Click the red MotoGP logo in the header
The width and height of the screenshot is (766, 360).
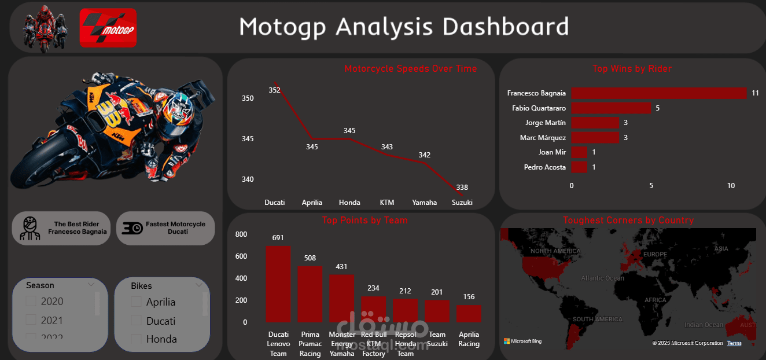click(x=108, y=28)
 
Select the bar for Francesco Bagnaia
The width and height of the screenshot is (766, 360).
click(x=659, y=93)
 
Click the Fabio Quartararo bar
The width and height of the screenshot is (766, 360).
click(x=611, y=108)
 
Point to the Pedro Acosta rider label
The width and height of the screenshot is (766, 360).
click(x=544, y=167)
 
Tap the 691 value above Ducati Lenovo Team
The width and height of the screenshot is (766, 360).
click(x=278, y=238)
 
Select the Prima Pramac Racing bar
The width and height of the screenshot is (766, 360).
click(x=310, y=294)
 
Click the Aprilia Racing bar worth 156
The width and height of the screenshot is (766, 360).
click(x=469, y=314)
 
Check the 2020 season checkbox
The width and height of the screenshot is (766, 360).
click(x=31, y=301)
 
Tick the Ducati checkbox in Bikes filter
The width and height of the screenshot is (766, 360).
click(x=137, y=320)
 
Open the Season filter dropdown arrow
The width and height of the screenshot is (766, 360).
click(x=91, y=285)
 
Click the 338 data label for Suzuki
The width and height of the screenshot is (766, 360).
click(x=462, y=188)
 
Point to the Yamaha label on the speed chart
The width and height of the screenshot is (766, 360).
click(x=425, y=203)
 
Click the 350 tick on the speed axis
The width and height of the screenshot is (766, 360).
click(x=248, y=98)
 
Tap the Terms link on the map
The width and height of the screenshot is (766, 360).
click(x=734, y=343)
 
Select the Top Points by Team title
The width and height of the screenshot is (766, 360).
click(x=364, y=220)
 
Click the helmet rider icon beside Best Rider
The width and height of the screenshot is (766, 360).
click(x=30, y=228)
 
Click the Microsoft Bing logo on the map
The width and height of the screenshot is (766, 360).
click(x=522, y=341)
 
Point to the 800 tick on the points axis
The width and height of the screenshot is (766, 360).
click(x=241, y=234)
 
